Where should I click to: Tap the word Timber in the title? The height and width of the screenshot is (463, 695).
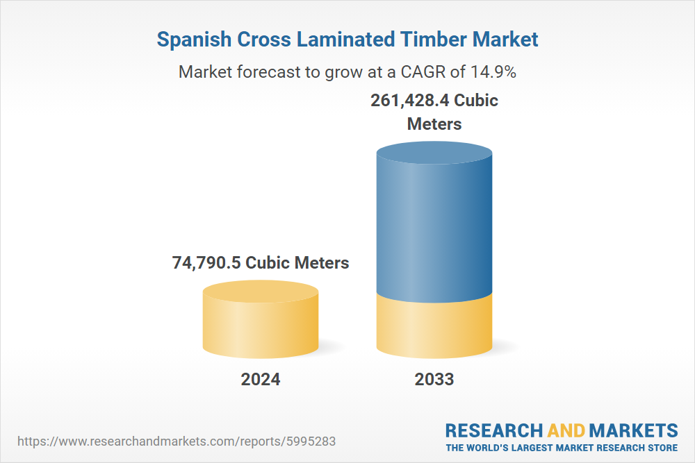(432, 40)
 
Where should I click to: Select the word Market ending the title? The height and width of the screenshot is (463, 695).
(505, 40)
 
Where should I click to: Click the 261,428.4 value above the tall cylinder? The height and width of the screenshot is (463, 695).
(409, 100)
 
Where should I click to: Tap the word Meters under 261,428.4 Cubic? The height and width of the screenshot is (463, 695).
(434, 124)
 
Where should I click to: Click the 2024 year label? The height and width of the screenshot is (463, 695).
(261, 380)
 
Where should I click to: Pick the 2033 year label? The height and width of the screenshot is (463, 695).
(434, 380)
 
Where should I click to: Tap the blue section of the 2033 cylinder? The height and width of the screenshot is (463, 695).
(434, 229)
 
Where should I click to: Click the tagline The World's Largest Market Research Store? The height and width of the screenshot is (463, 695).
(562, 447)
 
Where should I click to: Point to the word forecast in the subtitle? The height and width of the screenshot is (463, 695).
(259, 71)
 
